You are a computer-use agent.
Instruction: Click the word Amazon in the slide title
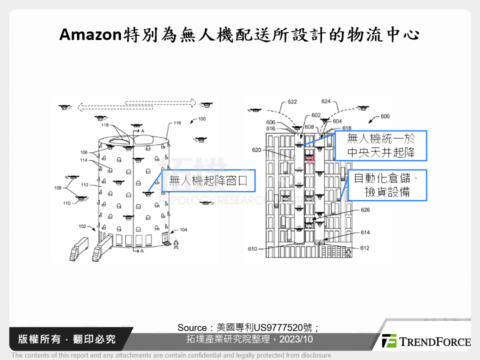pyautogui.click(x=90, y=34)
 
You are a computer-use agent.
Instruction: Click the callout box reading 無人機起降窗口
pyautogui.click(x=208, y=180)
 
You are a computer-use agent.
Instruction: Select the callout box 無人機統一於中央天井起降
pyautogui.click(x=380, y=146)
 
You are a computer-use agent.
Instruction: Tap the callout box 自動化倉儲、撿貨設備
pyautogui.click(x=387, y=185)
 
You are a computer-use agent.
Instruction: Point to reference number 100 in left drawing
pyautogui.click(x=201, y=119)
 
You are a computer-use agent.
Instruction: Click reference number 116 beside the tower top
pyautogui.click(x=177, y=122)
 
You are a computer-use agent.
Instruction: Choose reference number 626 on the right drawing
pyautogui.click(x=365, y=210)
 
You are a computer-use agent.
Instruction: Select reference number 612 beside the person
pyautogui.click(x=364, y=248)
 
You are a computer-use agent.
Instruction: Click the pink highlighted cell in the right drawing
pyautogui.click(x=309, y=159)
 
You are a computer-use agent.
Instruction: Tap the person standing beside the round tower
pyautogui.click(x=175, y=244)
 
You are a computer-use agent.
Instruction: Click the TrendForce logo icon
pyautogui.click(x=389, y=341)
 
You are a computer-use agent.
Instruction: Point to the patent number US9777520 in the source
pyautogui.click(x=286, y=327)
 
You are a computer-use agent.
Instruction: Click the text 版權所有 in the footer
pyautogui.click(x=37, y=339)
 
